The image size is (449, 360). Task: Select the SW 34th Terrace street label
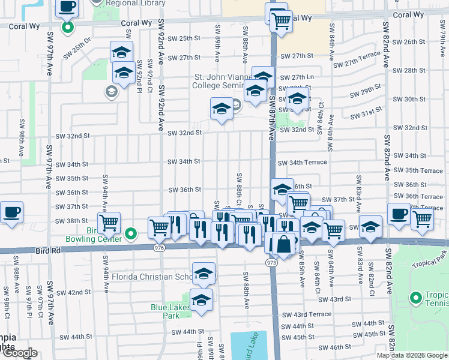coord(302,162)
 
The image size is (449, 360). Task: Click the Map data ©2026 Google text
coord(411,355)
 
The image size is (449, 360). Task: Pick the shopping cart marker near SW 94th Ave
coord(109,223)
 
